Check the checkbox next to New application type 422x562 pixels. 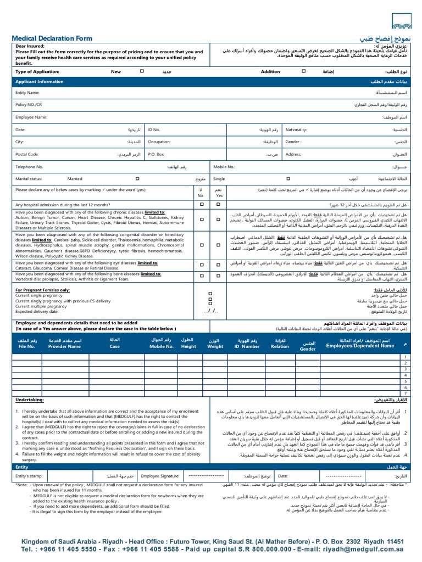142,71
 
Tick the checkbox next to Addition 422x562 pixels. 302,71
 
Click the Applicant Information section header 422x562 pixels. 40,81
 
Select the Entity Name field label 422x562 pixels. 27,93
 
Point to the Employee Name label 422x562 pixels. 31,117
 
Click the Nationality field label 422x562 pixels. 297,130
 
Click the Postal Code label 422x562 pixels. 27,154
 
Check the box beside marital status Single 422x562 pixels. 288,178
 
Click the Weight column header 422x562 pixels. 215,346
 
